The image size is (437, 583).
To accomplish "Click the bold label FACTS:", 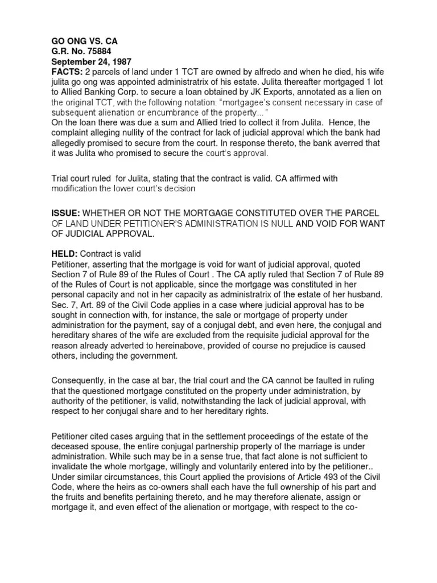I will click(67, 72).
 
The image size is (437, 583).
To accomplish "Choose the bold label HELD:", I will click(64, 253).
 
